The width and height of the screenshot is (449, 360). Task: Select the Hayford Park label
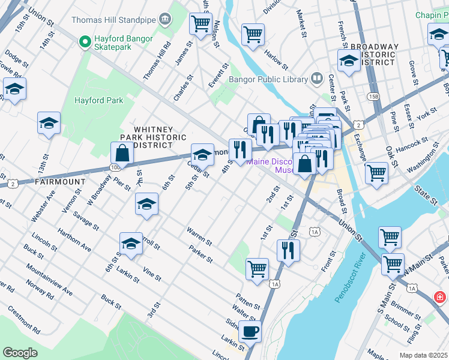(98, 100)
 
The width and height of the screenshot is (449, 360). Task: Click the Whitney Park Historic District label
(153, 137)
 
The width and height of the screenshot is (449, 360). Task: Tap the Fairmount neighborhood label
(58, 181)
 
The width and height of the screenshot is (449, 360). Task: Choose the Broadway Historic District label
(374, 55)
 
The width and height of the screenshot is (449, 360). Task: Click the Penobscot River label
(350, 281)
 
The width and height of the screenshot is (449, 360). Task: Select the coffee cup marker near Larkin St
(250, 330)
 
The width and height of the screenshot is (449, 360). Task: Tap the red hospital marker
(440, 297)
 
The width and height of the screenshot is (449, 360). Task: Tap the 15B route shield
(374, 96)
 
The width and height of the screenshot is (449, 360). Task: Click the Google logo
(20, 353)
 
